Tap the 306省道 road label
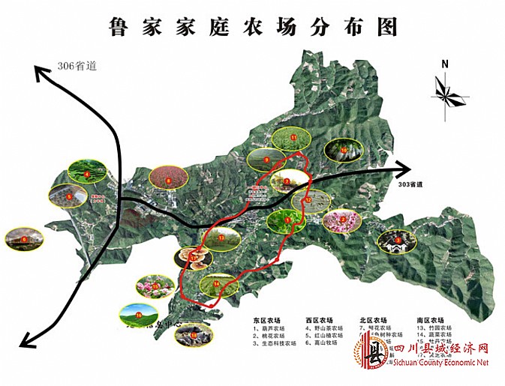pyautogui.click(x=77, y=65)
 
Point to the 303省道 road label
pyautogui.click(x=409, y=183)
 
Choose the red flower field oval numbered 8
pyautogui.click(x=169, y=178)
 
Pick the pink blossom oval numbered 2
pyautogui.click(x=341, y=220)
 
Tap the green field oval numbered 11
pyautogui.click(x=291, y=138)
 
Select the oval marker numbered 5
pyautogui.click(x=68, y=196)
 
